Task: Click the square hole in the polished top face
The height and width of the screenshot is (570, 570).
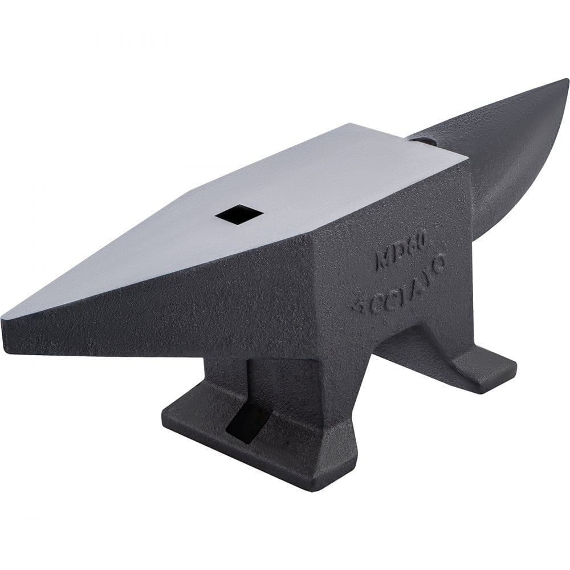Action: click(x=239, y=214)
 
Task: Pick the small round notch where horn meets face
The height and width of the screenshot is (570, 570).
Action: click(x=422, y=140)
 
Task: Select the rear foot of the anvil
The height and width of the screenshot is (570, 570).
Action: click(x=467, y=365)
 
